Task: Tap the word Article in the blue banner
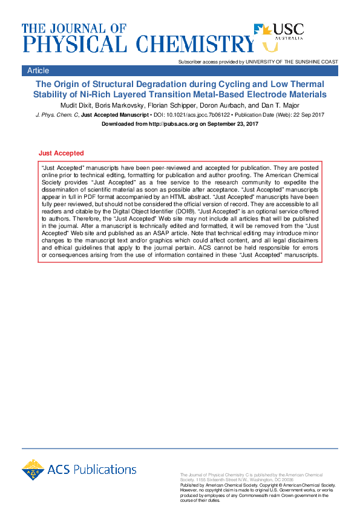pos(38,71)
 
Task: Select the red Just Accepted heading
pos(61,154)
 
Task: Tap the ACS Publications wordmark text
pos(93,470)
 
